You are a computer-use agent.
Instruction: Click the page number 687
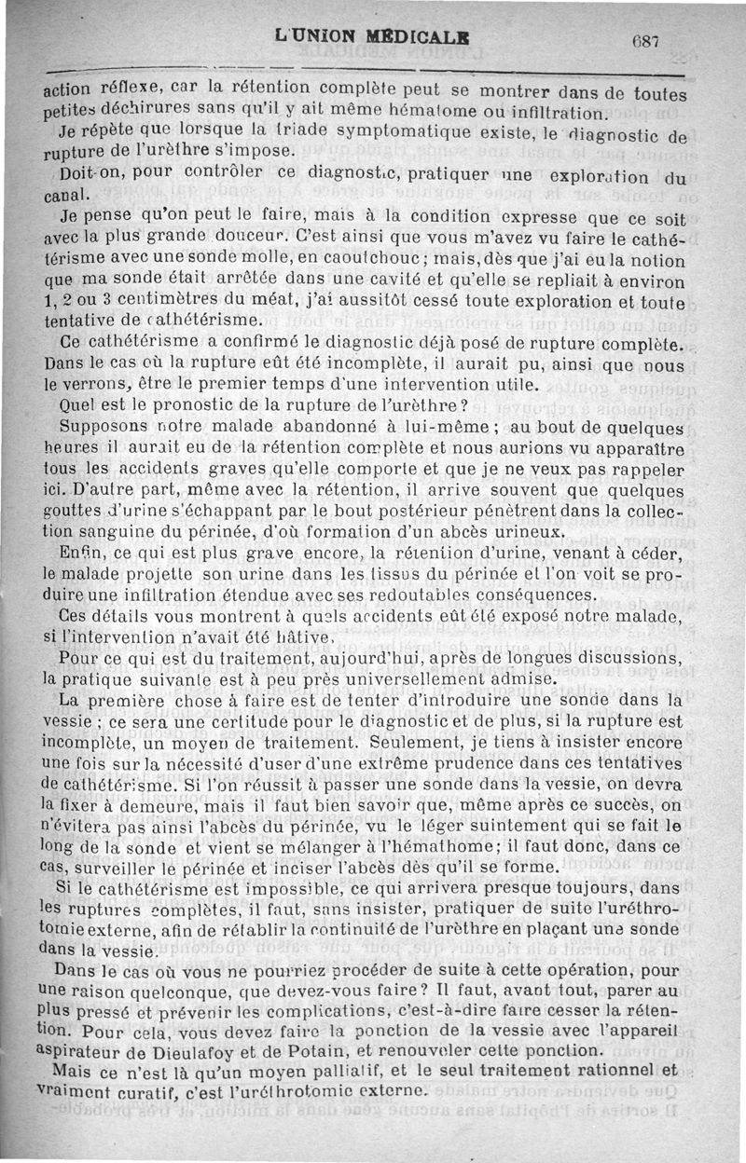[x=644, y=41]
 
